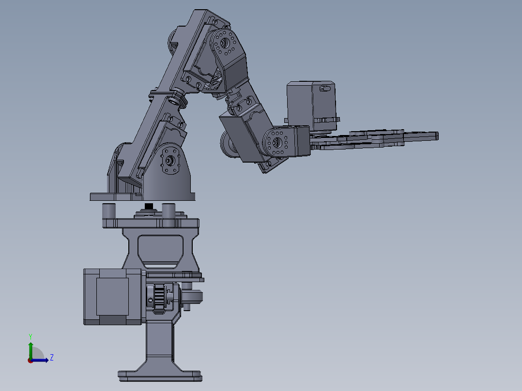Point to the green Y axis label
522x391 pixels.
(x=30, y=336)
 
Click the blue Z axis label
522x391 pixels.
(x=51, y=358)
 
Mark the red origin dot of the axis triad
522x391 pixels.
(x=31, y=360)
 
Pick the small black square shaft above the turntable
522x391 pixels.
(x=148, y=206)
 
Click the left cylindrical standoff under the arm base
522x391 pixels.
(x=108, y=211)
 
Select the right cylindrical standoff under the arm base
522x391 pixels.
(x=169, y=212)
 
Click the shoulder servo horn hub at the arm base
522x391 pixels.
(x=169, y=160)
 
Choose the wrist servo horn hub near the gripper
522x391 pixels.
(x=276, y=143)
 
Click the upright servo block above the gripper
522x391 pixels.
(x=310, y=106)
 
